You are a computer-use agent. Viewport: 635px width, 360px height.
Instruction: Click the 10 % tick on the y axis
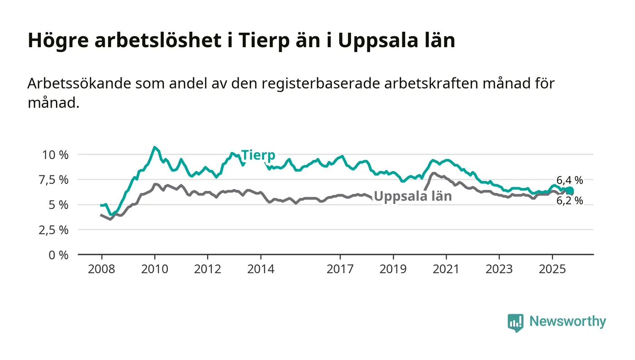(x=55, y=155)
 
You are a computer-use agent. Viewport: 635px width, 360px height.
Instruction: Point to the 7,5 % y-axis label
(x=55, y=180)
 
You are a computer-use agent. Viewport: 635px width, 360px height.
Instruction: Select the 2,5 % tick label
(x=55, y=230)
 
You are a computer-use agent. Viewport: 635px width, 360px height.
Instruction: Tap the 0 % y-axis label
(x=59, y=255)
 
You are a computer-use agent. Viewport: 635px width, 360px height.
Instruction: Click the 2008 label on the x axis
(x=102, y=269)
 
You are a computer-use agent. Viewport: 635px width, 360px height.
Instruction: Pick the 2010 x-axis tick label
(x=155, y=269)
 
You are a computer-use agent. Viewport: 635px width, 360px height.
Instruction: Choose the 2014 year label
(x=261, y=269)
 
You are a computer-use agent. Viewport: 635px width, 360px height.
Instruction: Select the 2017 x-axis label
(x=340, y=269)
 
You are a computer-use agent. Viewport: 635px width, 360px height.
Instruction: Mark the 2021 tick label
(x=446, y=269)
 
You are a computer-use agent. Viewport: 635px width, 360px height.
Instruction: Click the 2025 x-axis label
(x=552, y=269)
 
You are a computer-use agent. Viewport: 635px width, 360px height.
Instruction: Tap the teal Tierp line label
(x=258, y=155)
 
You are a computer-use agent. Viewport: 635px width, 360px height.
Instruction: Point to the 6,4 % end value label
(x=570, y=180)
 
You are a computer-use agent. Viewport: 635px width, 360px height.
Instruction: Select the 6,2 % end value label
(x=570, y=200)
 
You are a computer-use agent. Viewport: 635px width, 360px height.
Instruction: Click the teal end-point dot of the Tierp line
(x=570, y=191)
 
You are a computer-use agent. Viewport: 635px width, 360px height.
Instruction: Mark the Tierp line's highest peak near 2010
(x=155, y=147)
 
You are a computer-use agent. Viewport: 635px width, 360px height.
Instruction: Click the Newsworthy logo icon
(x=515, y=322)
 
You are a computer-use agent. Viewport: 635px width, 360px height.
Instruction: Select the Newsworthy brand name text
(x=567, y=321)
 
